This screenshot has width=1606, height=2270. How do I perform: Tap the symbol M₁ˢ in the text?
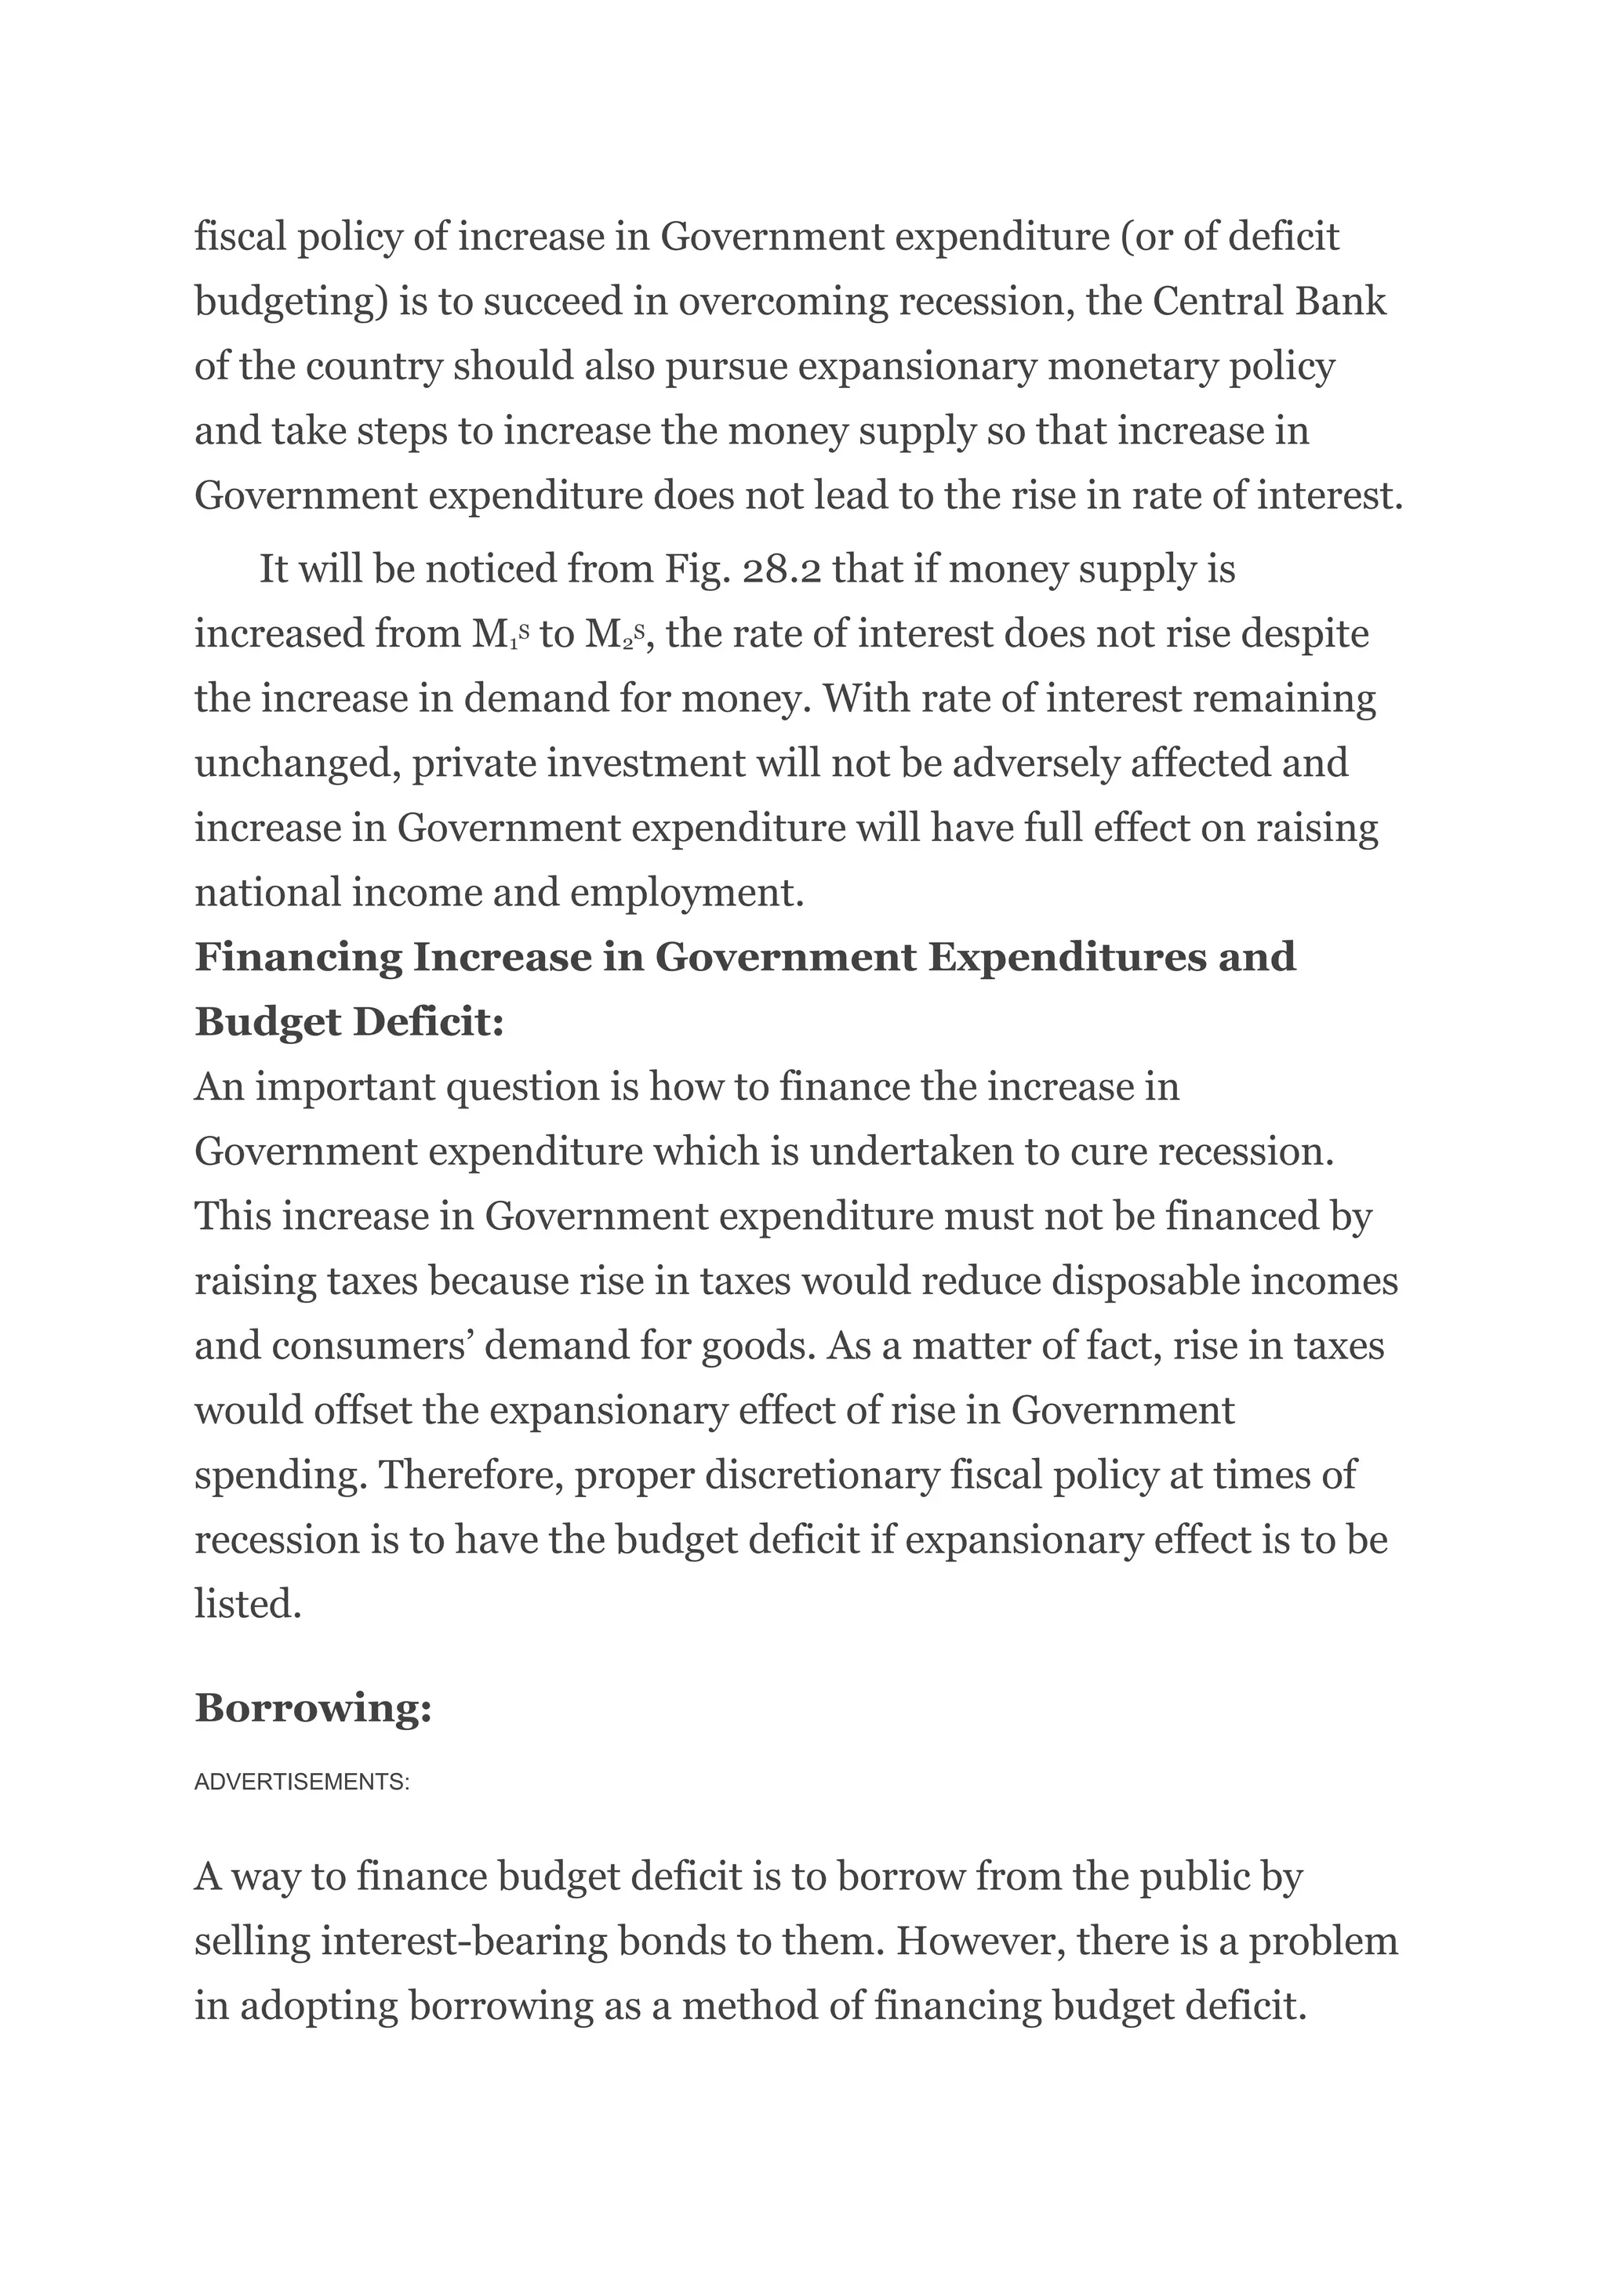tap(501, 635)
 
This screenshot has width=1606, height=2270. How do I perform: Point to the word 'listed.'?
tap(247, 1604)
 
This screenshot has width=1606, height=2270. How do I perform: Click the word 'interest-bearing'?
tap(463, 1942)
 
